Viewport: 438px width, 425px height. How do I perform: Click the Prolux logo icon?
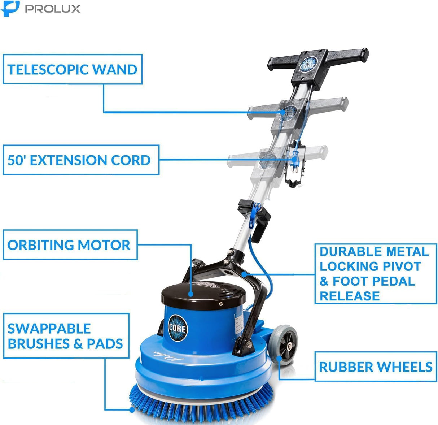tap(10, 8)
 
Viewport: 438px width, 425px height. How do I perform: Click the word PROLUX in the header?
tap(53, 9)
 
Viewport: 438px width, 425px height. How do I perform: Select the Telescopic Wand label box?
tap(73, 69)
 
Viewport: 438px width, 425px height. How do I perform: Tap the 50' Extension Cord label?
tap(79, 160)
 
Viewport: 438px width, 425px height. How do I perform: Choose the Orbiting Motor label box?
tap(69, 245)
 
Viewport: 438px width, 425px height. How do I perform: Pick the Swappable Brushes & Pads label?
tap(66, 336)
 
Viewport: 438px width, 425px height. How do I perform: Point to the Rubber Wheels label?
tap(375, 367)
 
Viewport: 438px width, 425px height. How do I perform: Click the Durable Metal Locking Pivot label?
tap(375, 273)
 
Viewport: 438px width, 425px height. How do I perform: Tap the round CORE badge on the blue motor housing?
tap(178, 328)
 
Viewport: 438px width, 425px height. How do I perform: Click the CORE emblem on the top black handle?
tap(308, 65)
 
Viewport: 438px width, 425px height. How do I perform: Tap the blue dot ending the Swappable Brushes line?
tap(132, 409)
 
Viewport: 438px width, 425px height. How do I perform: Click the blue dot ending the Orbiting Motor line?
tap(191, 294)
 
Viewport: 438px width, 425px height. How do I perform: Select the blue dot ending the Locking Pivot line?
tap(244, 274)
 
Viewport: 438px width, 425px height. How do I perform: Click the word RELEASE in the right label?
tap(350, 296)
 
